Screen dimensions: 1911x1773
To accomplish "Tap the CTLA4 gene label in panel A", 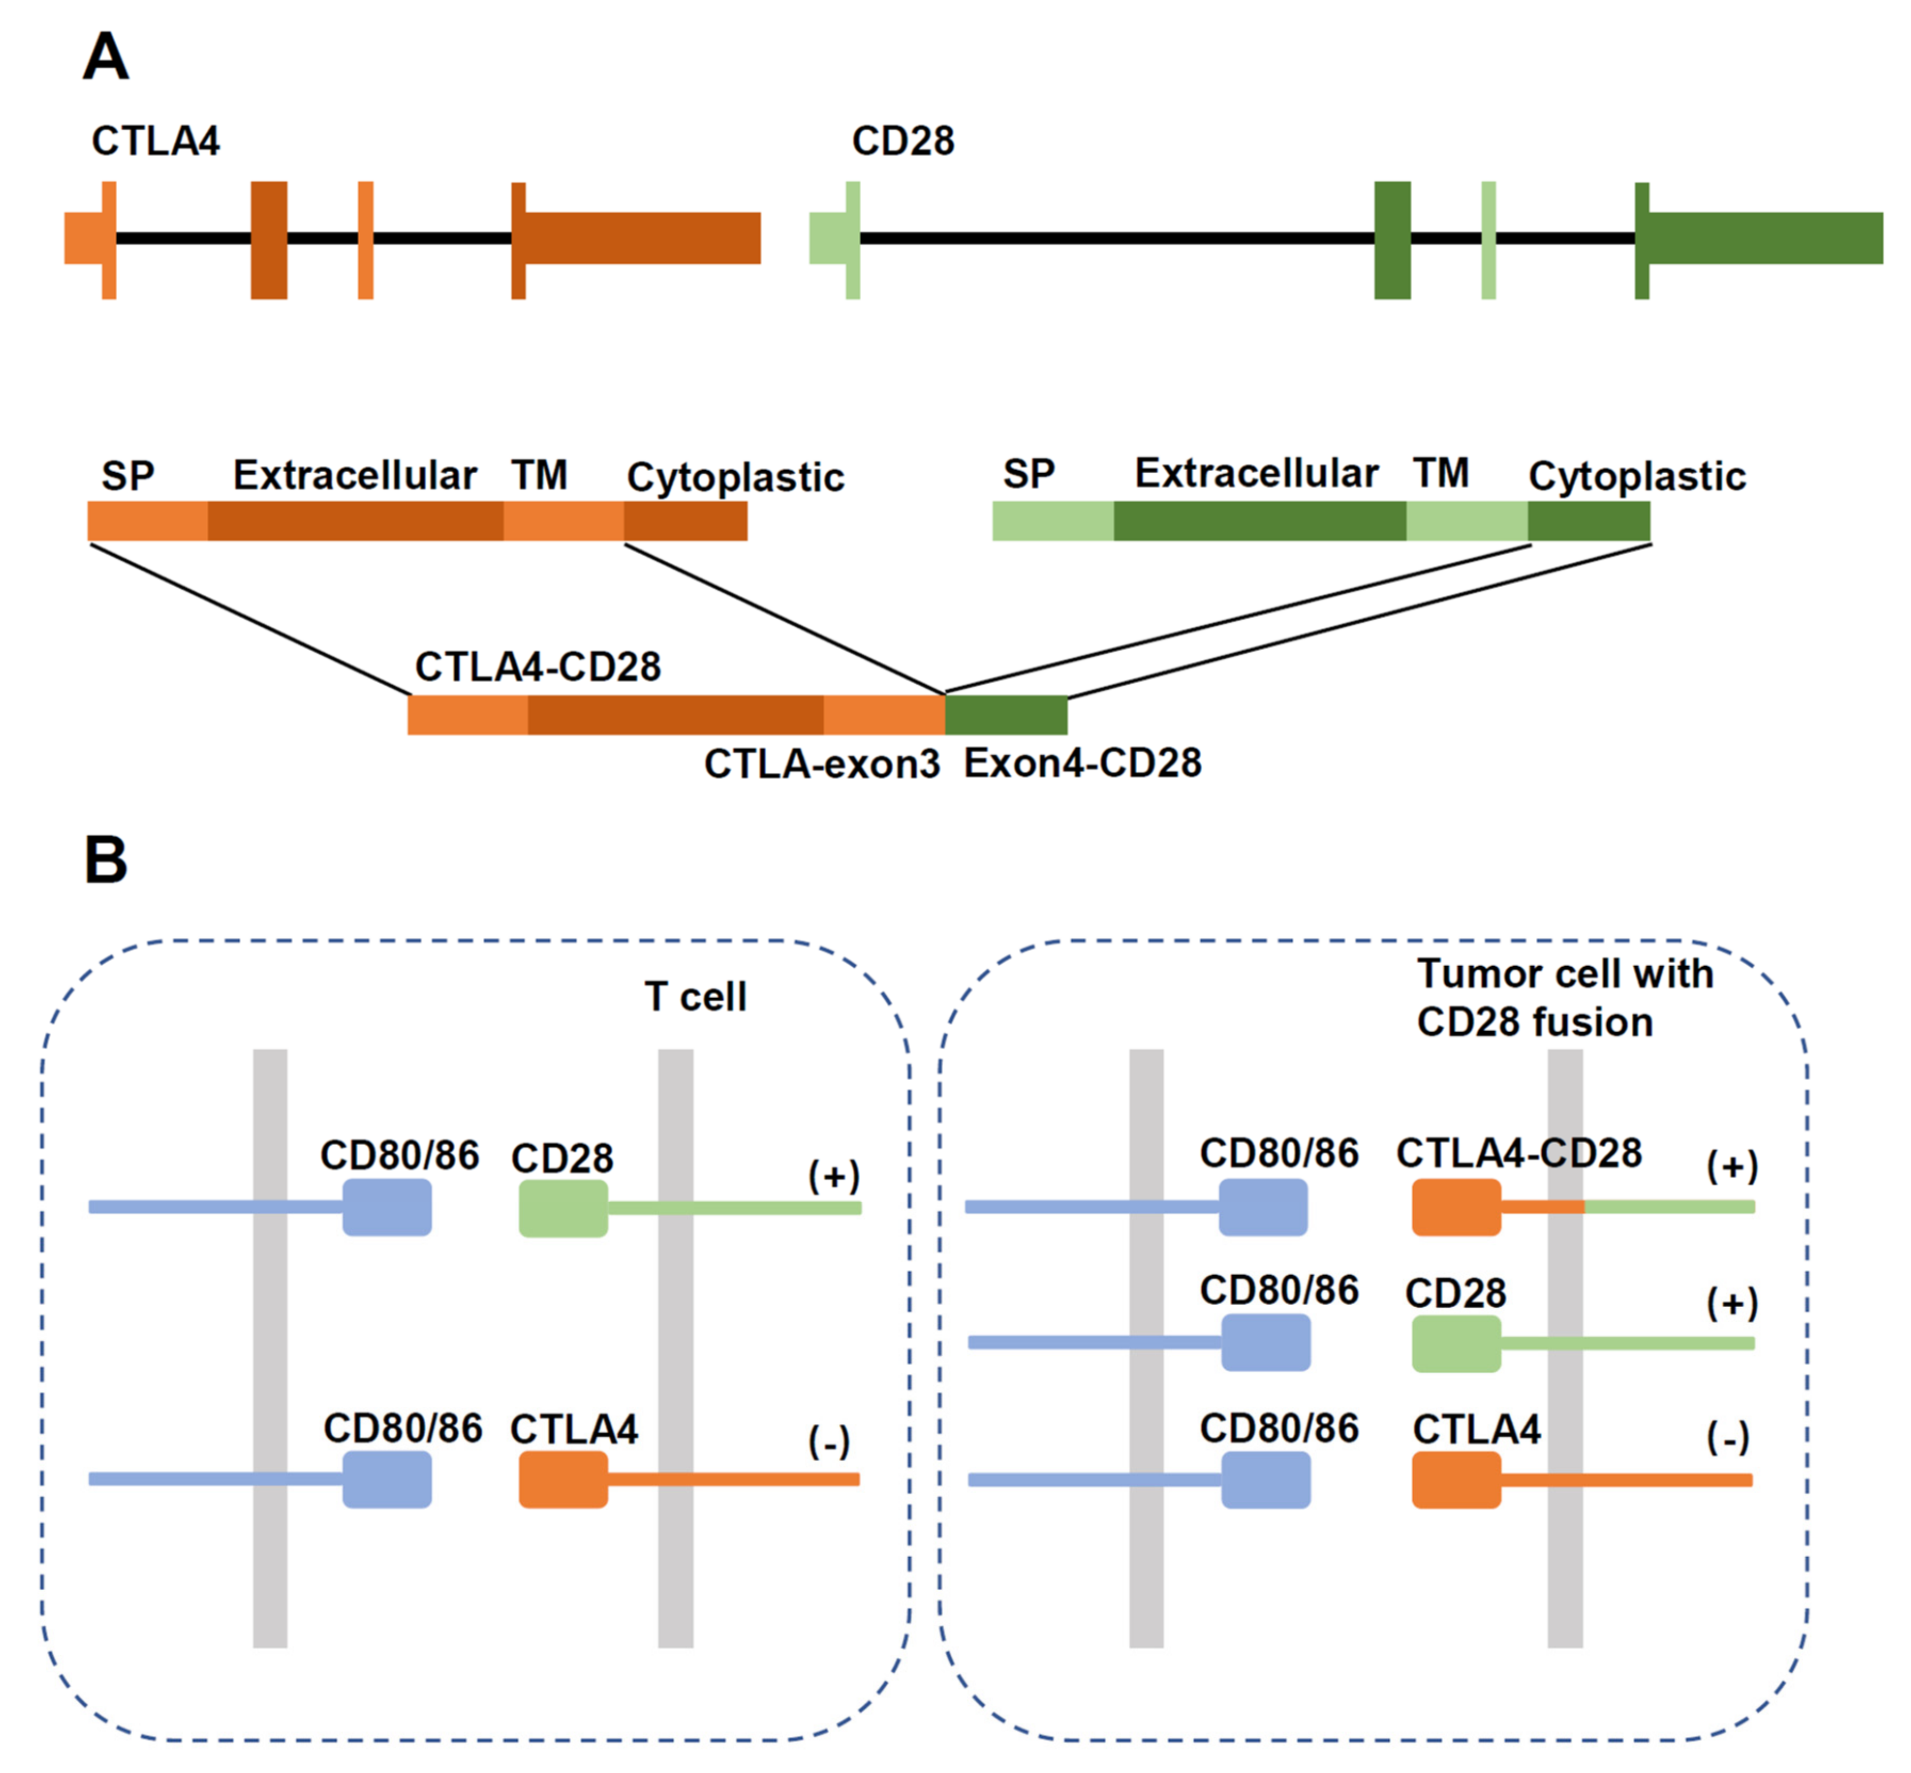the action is (156, 141).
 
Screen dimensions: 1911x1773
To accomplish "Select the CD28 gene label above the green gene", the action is (903, 141).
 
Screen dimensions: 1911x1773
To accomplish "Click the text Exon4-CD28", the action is (1082, 763).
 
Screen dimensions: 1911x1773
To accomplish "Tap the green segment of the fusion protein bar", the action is (1006, 715).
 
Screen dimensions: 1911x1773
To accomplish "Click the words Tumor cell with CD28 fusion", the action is (1565, 998).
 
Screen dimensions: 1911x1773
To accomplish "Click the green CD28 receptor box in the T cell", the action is (563, 1208).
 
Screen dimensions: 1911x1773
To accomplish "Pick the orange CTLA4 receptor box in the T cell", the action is (563, 1479).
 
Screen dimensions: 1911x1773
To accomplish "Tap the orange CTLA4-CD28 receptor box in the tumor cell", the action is (1456, 1207).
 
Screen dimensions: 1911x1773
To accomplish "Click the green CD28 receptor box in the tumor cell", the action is (1456, 1343).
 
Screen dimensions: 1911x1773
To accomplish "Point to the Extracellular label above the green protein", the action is (1257, 473).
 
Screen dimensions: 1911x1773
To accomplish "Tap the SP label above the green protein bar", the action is (1029, 473).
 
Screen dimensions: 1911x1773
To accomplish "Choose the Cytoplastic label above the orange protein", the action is (736, 477).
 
